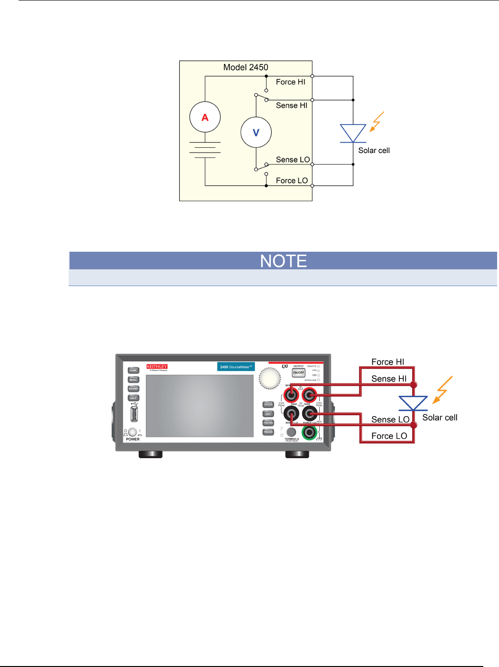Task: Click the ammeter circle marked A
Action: [x=205, y=117]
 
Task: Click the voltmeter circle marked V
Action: [x=256, y=133]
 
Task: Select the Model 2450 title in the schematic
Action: [x=245, y=67]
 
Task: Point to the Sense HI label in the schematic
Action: [x=292, y=105]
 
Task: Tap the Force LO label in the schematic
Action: [x=292, y=181]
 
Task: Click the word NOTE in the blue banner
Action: [x=283, y=261]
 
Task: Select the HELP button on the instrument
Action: [x=133, y=398]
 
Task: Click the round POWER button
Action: [x=132, y=432]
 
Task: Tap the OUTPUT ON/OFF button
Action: [x=298, y=372]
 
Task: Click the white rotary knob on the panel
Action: [x=270, y=379]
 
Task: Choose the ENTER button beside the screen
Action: [x=268, y=404]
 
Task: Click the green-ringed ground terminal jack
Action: [x=309, y=432]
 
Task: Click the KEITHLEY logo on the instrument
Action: [x=157, y=367]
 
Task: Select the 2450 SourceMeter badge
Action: [x=236, y=367]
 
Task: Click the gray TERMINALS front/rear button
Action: [x=291, y=432]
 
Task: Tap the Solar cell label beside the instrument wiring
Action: [x=439, y=418]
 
